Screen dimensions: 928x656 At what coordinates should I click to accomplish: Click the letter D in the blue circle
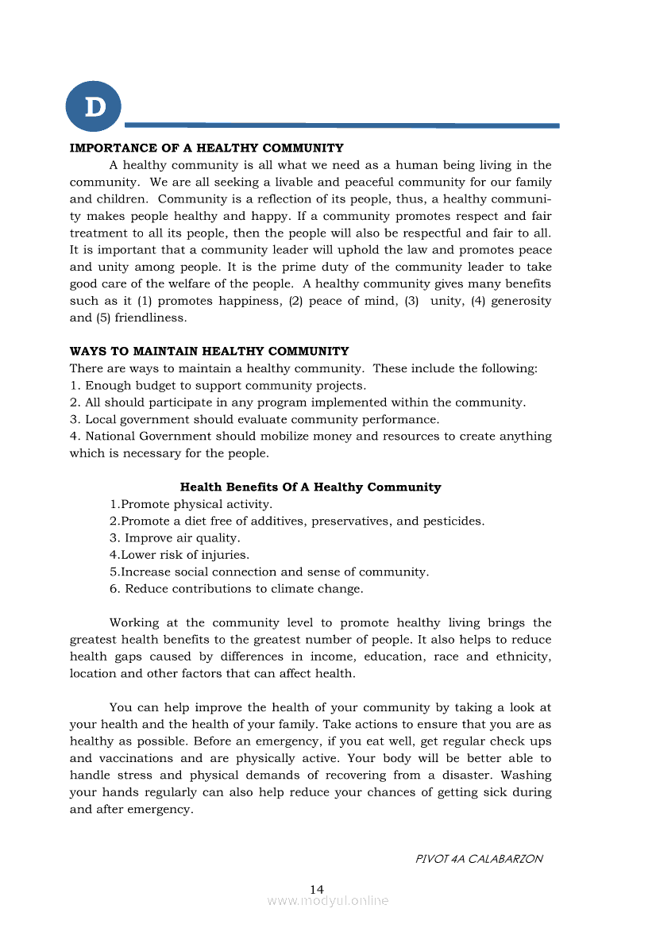pos(94,106)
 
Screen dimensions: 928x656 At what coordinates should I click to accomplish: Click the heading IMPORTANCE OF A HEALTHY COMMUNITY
pos(206,148)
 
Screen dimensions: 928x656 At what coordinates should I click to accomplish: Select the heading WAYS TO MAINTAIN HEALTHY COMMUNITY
pos(209,351)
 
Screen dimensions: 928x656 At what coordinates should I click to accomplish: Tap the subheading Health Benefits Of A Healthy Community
pos(311,487)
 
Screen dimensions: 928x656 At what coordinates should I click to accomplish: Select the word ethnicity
pos(523,657)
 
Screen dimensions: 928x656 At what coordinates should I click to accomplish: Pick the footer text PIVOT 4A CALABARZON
pos(479,859)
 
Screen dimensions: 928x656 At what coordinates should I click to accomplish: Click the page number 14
pos(317,888)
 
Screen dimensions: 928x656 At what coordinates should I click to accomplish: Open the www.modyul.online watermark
pos(327,901)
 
